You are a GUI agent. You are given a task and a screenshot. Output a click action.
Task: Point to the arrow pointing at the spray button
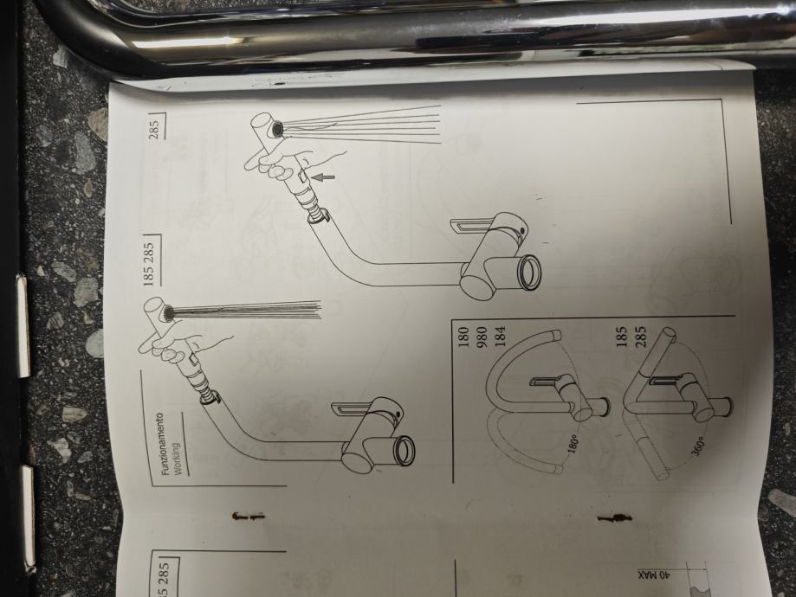[323, 177]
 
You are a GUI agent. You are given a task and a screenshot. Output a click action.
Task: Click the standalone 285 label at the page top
[154, 129]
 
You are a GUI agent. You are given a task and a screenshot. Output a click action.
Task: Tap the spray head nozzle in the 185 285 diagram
[167, 313]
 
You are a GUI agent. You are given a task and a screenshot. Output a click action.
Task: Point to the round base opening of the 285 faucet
[528, 273]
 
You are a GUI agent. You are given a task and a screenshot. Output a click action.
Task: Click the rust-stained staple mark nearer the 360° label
[614, 518]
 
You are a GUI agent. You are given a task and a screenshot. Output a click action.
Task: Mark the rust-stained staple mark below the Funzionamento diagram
[249, 517]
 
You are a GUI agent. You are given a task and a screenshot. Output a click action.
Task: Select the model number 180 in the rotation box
[463, 338]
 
